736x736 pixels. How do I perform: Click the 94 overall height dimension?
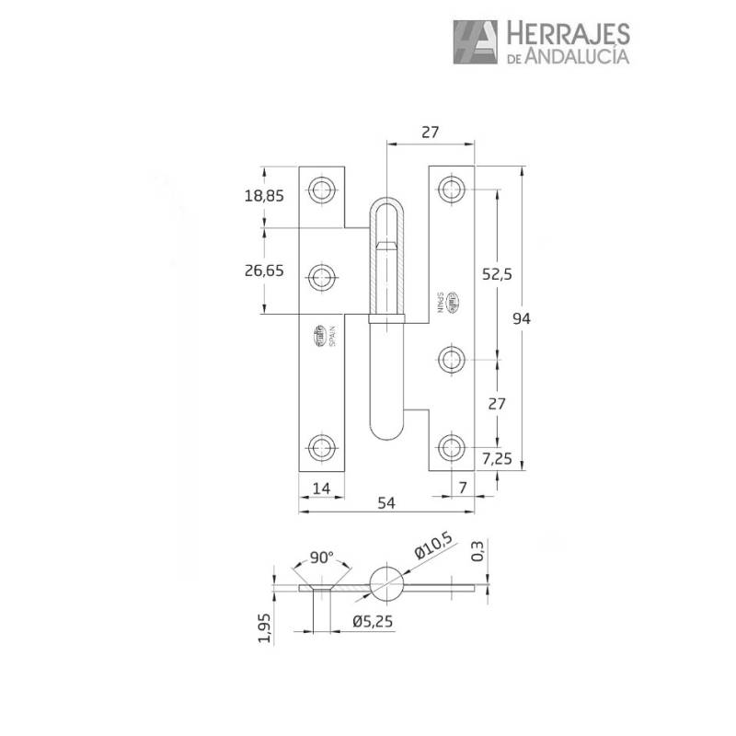tap(522, 318)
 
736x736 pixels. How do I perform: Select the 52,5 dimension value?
tap(498, 273)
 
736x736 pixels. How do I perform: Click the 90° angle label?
tap(320, 558)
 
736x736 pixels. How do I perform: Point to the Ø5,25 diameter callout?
tap(373, 621)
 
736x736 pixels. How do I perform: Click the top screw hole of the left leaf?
tap(321, 190)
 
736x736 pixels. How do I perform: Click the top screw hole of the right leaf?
tap(451, 190)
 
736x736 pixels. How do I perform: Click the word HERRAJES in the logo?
tap(566, 34)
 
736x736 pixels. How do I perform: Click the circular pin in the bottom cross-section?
tap(386, 584)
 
